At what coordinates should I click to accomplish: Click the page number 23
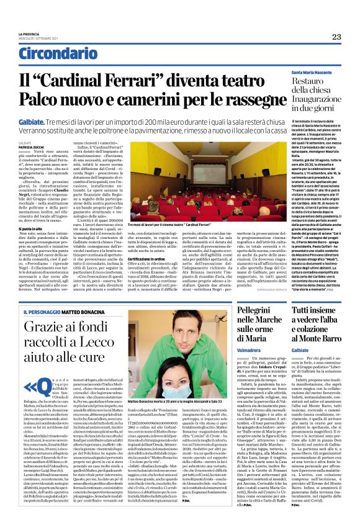click(336, 37)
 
